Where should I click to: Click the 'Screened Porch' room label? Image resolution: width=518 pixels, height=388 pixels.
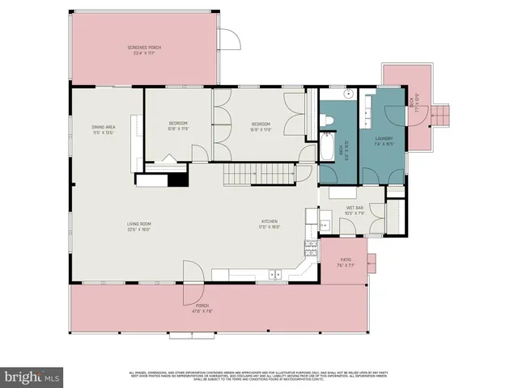(144, 50)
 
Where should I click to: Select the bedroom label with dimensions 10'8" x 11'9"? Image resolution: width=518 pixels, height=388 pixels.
(178, 125)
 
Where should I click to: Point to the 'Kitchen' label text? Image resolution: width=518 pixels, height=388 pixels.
(270, 223)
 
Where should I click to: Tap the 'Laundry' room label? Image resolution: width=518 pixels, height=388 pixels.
(383, 140)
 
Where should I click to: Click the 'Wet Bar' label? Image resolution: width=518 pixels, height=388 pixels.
(355, 210)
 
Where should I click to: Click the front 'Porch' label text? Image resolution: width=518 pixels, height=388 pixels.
(191, 307)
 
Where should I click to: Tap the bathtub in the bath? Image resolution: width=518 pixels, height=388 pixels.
(325, 147)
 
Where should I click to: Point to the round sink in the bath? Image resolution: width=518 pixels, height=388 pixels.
(347, 95)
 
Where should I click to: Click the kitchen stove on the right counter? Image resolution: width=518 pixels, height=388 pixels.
(309, 247)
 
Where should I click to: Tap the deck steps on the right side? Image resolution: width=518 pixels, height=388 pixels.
(442, 116)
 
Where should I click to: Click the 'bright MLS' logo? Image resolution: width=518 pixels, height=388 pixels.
(32, 377)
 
